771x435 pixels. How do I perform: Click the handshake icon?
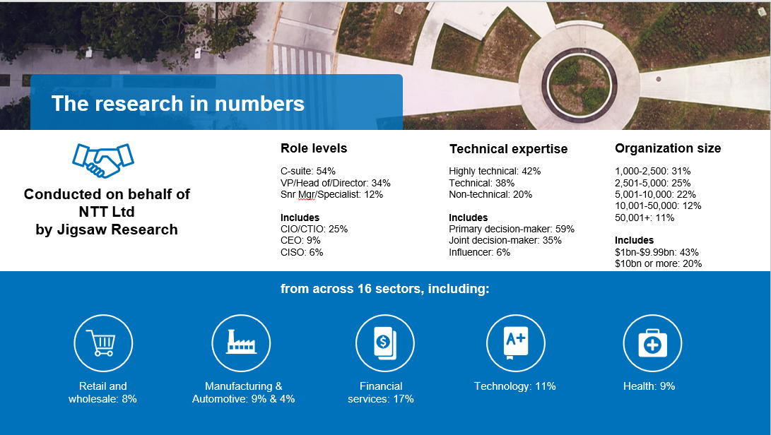103,160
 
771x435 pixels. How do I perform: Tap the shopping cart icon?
103,342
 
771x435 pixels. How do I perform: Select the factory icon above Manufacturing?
241,342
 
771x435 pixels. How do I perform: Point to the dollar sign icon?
384,342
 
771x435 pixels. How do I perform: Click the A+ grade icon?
515,342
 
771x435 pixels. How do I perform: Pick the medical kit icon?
652,343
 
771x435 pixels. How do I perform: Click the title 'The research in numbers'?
177,104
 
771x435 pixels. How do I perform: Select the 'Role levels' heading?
314,148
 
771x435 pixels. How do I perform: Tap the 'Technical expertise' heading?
508,149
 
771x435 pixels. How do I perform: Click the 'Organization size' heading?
668,148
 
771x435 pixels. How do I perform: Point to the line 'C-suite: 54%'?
308,171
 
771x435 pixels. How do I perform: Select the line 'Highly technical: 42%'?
495,171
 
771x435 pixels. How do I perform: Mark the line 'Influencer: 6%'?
479,252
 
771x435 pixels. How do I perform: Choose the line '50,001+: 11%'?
645,218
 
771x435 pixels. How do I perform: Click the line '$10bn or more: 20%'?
658,263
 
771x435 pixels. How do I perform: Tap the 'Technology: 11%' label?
514,386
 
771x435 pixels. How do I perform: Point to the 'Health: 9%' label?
649,386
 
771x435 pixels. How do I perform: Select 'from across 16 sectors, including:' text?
384,289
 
